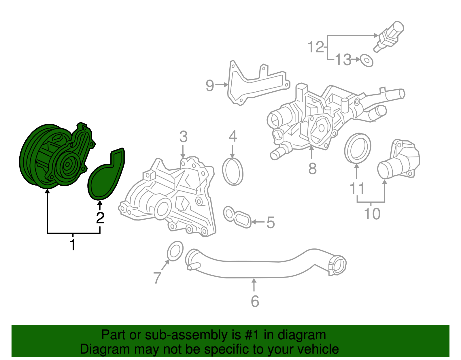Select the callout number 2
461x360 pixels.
point(100,218)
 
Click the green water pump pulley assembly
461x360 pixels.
point(55,157)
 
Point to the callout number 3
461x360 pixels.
point(183,137)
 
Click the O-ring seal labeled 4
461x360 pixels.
point(233,172)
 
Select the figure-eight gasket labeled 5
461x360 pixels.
point(237,217)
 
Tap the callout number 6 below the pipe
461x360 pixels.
point(255,301)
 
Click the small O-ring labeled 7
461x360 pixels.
point(175,251)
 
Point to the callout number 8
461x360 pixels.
point(312,169)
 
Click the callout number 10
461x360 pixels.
point(372,214)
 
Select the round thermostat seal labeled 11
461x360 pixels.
point(357,148)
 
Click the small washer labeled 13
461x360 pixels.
point(366,60)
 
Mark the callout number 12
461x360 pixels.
point(316,47)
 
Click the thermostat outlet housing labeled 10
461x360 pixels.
point(400,160)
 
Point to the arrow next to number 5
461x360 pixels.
point(258,222)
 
